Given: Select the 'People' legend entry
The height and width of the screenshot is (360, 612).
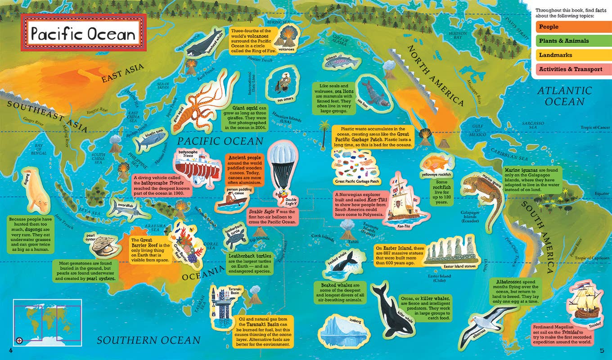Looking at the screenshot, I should click(x=569, y=27).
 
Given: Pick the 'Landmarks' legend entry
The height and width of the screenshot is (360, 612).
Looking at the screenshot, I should click(x=569, y=55).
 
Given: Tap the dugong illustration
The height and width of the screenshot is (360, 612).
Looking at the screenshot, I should click(x=34, y=191).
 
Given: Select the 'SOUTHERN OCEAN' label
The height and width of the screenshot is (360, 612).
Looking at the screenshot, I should click(x=148, y=340).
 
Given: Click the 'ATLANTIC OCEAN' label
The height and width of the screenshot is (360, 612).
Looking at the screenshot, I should click(x=571, y=96).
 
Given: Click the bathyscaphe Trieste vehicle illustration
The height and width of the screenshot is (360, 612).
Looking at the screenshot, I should click(x=195, y=165).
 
